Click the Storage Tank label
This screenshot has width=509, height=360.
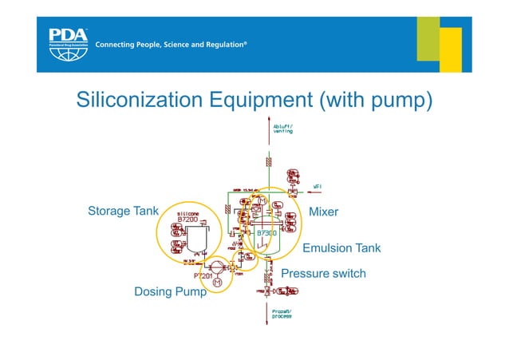click(x=123, y=212)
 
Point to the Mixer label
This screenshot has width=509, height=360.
click(x=323, y=212)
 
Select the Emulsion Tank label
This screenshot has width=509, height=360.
click(x=341, y=248)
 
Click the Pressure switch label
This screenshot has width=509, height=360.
click(x=323, y=274)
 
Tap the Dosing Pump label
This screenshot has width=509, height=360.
click(x=170, y=292)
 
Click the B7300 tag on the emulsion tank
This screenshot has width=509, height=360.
click(x=266, y=233)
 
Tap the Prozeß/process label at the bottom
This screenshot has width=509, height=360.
click(x=282, y=314)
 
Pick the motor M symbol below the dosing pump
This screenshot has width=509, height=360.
click(x=216, y=283)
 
